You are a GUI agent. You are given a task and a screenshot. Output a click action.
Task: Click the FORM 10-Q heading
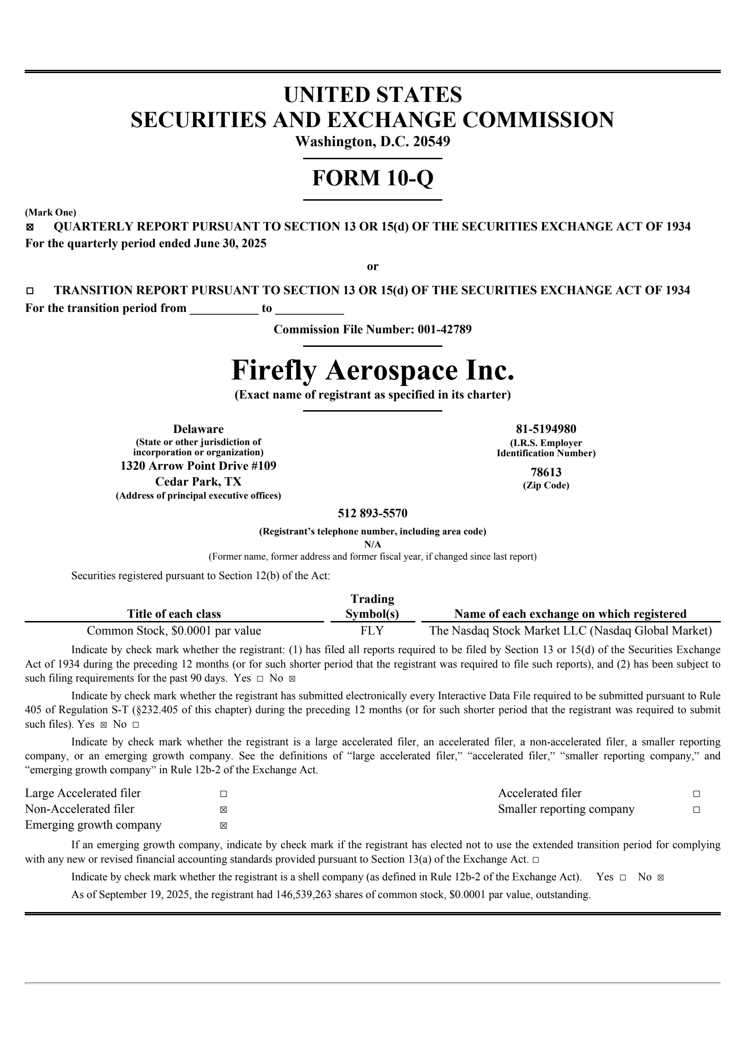point(372,178)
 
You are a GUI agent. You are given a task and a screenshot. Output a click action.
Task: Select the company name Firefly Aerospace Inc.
point(372,371)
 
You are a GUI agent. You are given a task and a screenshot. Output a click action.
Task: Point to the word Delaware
point(198,429)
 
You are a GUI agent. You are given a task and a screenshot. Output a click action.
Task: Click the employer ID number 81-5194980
point(546,429)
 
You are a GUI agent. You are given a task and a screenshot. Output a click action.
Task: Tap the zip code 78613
point(546,473)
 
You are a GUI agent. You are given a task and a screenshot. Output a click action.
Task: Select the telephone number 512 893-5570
point(372,513)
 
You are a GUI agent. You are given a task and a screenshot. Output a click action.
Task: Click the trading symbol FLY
point(372,631)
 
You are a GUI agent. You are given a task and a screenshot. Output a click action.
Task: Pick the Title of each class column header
point(174,614)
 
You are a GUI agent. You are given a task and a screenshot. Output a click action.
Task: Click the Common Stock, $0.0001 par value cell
point(174,631)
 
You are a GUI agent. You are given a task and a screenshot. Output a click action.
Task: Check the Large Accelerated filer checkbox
point(223,794)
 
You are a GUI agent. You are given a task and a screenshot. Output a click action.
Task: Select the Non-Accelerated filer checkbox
point(223,810)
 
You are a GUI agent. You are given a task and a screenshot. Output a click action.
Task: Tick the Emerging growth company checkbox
point(223,825)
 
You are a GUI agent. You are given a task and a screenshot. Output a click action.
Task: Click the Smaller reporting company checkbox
point(696,810)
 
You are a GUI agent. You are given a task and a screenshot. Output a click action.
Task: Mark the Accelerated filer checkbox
point(696,794)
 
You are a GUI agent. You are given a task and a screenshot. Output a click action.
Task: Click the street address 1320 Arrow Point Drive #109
point(198,466)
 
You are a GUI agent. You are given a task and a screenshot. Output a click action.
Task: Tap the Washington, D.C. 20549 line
point(372,142)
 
